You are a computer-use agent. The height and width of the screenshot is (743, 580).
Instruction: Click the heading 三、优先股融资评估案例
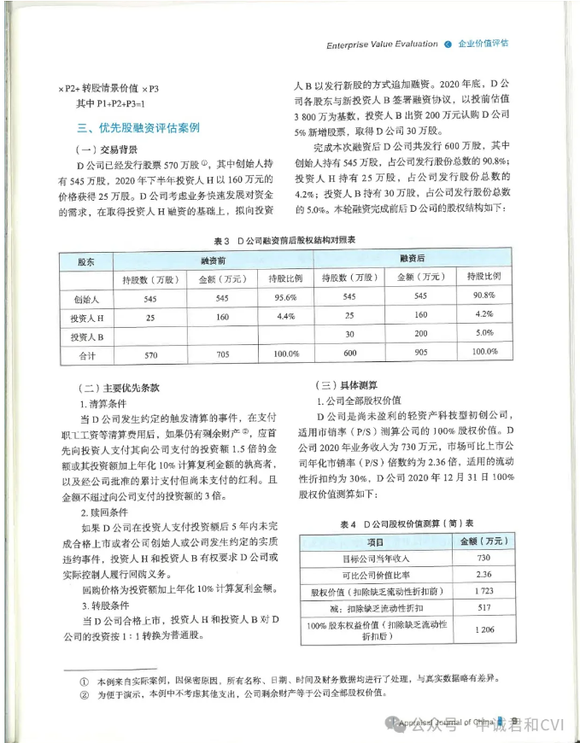[138, 127]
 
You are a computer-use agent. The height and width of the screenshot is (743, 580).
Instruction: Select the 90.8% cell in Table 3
[484, 296]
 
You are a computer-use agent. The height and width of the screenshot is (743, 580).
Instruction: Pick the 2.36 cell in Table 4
[483, 574]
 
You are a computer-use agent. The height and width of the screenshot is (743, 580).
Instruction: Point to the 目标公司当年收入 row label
[376, 558]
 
